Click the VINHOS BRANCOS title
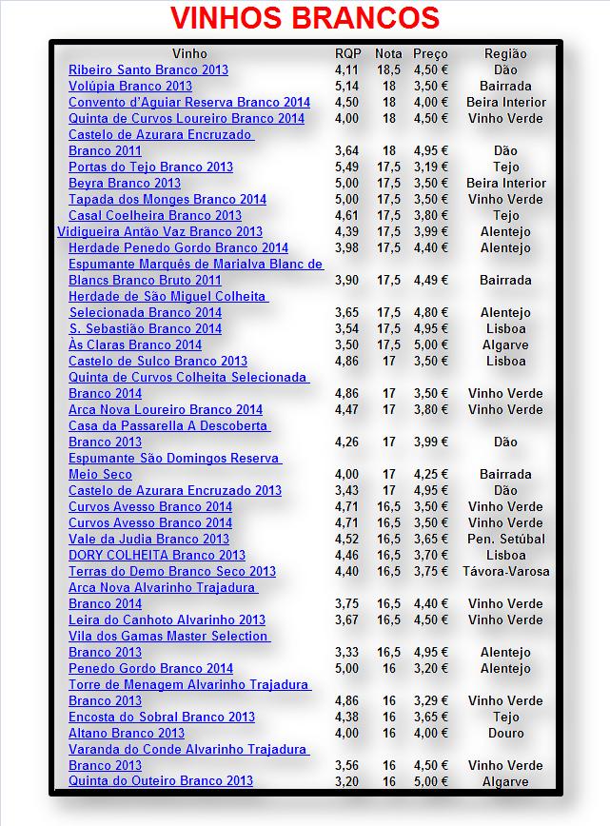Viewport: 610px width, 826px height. pyautogui.click(x=305, y=19)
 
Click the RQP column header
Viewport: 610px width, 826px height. pyautogui.click(x=348, y=53)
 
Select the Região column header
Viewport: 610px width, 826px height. pyautogui.click(x=505, y=53)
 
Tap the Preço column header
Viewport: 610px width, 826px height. pyautogui.click(x=430, y=53)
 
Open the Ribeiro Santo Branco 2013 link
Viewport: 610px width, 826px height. pyautogui.click(x=148, y=69)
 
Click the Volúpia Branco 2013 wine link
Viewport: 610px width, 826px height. pyautogui.click(x=130, y=86)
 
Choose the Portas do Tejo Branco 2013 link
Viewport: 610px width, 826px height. pyautogui.click(x=150, y=167)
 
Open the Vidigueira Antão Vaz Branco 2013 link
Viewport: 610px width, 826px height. pyautogui.click(x=160, y=231)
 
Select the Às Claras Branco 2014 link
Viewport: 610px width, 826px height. pyautogui.click(x=135, y=344)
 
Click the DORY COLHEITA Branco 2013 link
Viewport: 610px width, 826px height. pyautogui.click(x=157, y=555)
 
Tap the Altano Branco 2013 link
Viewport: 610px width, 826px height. pyautogui.click(x=127, y=733)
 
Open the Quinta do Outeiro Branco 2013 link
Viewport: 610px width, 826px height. pyautogui.click(x=161, y=781)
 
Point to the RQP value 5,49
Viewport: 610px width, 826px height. pyautogui.click(x=347, y=167)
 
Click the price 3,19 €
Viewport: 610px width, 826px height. pyautogui.click(x=430, y=167)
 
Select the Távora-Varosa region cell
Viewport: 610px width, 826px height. pyautogui.click(x=505, y=571)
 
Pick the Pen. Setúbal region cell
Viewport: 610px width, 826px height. pyautogui.click(x=505, y=539)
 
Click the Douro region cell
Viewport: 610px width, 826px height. pyautogui.click(x=505, y=733)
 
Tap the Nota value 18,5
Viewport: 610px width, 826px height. pyautogui.click(x=388, y=69)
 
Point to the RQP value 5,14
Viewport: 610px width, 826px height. pyautogui.click(x=347, y=86)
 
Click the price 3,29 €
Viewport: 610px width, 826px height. pyautogui.click(x=430, y=700)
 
